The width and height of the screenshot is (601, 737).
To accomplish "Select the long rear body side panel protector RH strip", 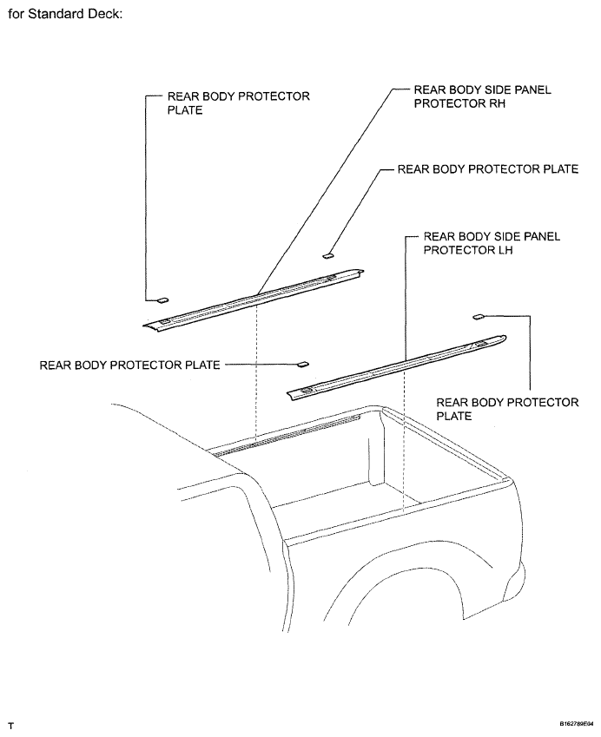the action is coord(254,299).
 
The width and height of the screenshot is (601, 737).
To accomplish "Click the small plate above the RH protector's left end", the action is coord(162,300).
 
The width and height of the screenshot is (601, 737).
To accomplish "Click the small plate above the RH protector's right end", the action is coord(327,256).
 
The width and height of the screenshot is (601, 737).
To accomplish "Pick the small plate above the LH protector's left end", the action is coord(303,365).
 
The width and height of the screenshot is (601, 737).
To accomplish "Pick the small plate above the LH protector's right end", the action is coord(479,317).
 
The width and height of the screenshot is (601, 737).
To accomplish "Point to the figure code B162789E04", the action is coord(576,724).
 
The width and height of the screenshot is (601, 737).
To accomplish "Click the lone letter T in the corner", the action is coord(10,727).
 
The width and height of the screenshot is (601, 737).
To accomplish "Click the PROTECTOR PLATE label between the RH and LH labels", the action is coord(488,169).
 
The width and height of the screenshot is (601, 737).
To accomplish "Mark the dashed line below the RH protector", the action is coord(256,372).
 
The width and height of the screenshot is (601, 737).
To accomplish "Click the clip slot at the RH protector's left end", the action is coord(166,321).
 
